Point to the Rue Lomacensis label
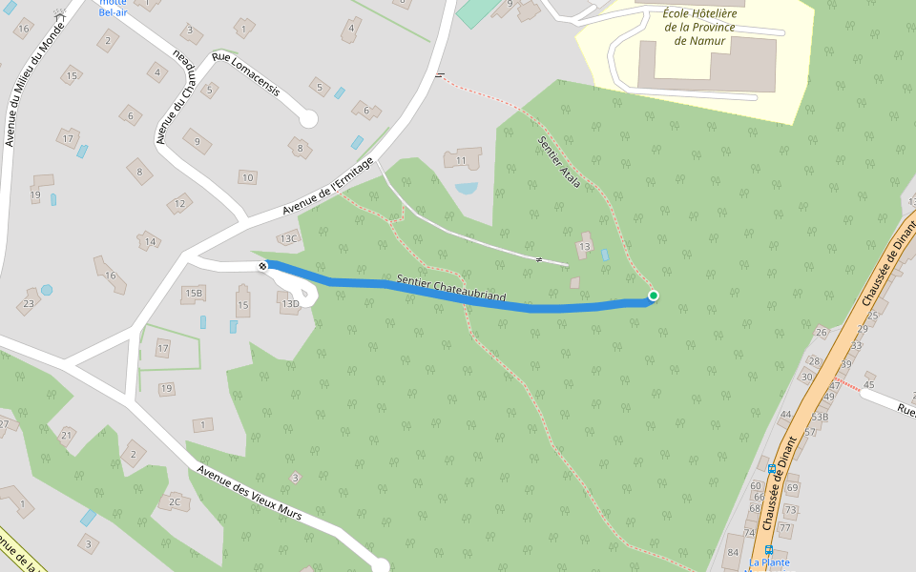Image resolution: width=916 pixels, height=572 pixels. click(x=246, y=73)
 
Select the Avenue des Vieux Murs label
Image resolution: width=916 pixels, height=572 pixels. click(x=249, y=493)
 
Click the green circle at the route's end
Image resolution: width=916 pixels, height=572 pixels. click(x=653, y=296)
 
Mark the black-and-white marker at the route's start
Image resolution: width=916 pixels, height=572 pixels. click(x=262, y=266)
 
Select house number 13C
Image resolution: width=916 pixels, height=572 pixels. click(x=288, y=238)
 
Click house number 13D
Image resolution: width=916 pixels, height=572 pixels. click(x=290, y=304)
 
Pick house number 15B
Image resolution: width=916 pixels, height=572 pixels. click(x=195, y=293)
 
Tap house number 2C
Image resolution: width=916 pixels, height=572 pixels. click(x=174, y=501)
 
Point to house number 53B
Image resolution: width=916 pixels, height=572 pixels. click(x=820, y=418)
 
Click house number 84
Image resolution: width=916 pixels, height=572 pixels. click(x=733, y=553)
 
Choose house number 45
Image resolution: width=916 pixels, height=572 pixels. click(x=868, y=385)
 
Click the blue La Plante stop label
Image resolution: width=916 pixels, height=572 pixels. click(x=769, y=562)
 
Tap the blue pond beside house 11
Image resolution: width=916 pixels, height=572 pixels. click(x=467, y=188)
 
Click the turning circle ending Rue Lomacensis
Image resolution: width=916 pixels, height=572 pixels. click(x=307, y=119)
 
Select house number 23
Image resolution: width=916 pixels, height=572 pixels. click(x=28, y=304)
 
